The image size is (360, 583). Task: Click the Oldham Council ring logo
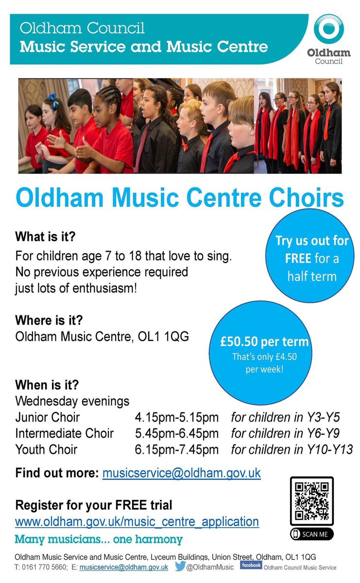328,29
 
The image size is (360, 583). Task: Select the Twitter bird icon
180,566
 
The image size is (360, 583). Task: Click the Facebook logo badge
251,565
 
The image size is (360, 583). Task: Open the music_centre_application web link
137,522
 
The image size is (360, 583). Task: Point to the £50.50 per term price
264,342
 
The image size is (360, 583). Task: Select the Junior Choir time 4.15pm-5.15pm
176,417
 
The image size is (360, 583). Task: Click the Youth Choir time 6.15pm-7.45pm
176,449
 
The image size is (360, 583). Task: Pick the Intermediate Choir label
64,433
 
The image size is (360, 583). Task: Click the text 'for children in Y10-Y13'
291,449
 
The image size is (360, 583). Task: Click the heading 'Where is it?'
49,321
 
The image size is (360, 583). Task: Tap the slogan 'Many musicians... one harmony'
99,539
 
